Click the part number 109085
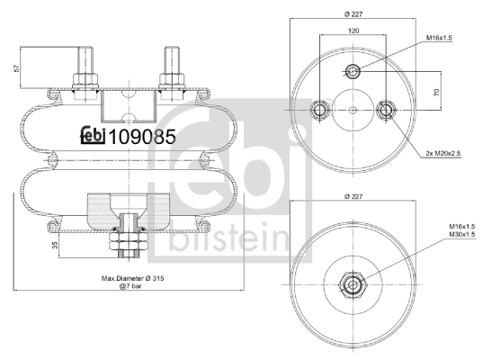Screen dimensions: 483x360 coord(142,137)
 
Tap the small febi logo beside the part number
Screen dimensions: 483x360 coord(93,136)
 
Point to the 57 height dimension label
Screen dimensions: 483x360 coord(16,67)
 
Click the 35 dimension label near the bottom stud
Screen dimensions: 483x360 coord(55,246)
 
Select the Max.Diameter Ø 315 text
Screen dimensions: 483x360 coord(133,278)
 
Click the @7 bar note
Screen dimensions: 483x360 coord(130,286)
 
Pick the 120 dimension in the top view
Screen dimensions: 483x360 coord(353,31)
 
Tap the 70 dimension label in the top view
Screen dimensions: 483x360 coord(436,92)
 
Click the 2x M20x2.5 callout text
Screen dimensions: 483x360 coord(443,153)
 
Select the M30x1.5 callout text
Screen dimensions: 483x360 coord(461,234)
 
